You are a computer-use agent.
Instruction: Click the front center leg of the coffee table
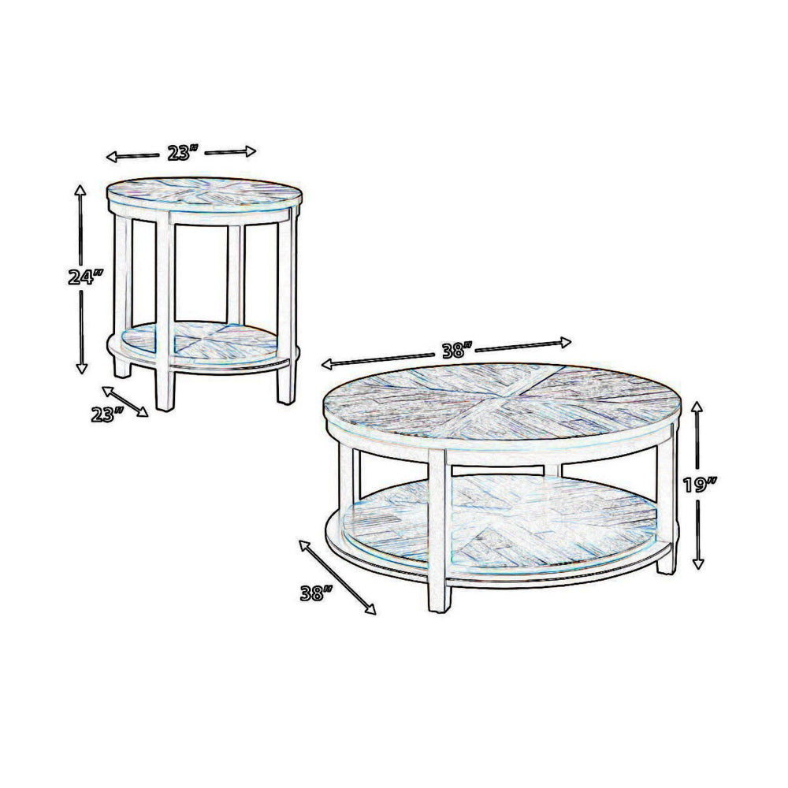point(439,536)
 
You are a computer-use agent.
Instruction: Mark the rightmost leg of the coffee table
point(667,504)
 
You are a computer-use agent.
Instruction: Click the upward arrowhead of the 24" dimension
point(80,190)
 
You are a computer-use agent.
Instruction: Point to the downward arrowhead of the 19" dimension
point(697,563)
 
